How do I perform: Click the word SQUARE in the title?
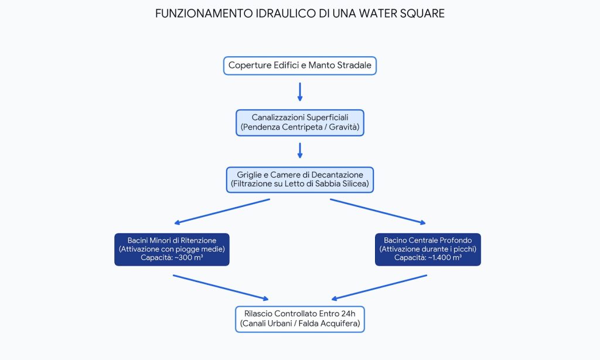coord(422,13)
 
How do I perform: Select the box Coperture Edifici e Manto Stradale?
coord(300,66)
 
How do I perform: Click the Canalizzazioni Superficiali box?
coord(300,123)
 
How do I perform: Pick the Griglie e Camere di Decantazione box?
coord(300,179)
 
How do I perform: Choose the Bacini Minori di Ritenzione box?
coord(172,249)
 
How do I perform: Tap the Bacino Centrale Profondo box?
coord(428,249)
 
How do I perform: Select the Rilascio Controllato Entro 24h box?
coord(300,319)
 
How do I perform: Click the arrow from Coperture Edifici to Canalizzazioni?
coord(300,92)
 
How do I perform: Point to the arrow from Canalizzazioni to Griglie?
coord(300,151)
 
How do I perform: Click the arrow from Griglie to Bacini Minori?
coord(222,211)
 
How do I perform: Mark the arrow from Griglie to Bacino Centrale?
coord(378,211)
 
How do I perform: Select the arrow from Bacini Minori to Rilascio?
coord(221,287)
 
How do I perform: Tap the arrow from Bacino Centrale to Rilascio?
coord(379,287)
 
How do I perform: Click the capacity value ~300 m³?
coord(189,258)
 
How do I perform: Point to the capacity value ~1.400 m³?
coord(445,258)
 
